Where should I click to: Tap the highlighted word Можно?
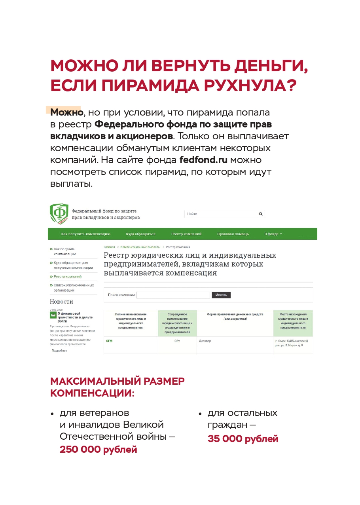point(66,112)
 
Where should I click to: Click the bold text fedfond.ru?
point(203,160)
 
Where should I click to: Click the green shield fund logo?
point(59,214)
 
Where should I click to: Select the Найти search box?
point(221,214)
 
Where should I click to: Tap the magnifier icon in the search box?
point(261,214)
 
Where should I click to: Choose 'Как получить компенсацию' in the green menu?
point(85,234)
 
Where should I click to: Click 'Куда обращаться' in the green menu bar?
point(140,234)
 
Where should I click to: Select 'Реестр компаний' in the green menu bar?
point(186,234)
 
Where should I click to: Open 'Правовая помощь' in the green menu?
point(233,234)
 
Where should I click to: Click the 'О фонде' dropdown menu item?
point(273,234)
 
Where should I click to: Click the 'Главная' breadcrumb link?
point(109,247)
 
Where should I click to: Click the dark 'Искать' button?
point(221,295)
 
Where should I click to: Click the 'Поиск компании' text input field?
point(173,295)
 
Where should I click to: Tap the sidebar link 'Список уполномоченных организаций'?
point(74,288)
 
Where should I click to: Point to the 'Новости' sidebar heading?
point(61,302)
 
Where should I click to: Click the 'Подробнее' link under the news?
point(59,351)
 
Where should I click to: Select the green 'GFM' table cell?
point(109,341)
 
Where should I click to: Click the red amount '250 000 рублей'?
point(99,450)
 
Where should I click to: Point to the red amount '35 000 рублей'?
point(243,439)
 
